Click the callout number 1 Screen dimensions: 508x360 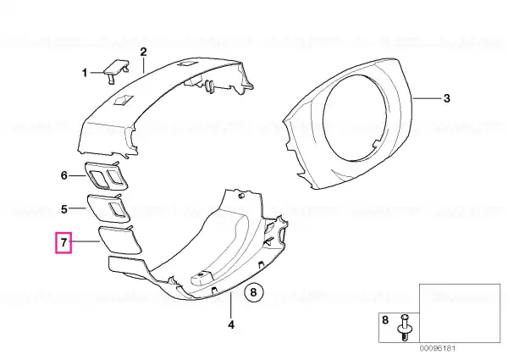(x=85, y=73)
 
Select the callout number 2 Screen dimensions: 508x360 (x=143, y=52)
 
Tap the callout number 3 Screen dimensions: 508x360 (x=446, y=98)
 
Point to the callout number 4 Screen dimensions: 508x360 (x=231, y=324)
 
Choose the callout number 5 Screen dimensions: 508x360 (x=64, y=209)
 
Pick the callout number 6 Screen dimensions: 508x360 (x=64, y=175)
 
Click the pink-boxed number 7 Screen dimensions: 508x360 (x=63, y=242)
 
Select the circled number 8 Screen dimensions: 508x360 (x=253, y=292)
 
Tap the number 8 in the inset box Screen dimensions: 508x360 (x=385, y=320)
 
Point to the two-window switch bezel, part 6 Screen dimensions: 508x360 (x=107, y=175)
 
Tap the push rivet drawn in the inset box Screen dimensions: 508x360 (x=405, y=327)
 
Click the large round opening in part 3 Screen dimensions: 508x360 (x=355, y=117)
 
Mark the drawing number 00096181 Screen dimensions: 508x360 (x=438, y=349)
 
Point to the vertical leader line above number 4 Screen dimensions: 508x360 (x=230, y=305)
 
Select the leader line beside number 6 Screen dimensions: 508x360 (x=78, y=175)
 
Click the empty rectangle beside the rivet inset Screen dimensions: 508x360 (x=460, y=313)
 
